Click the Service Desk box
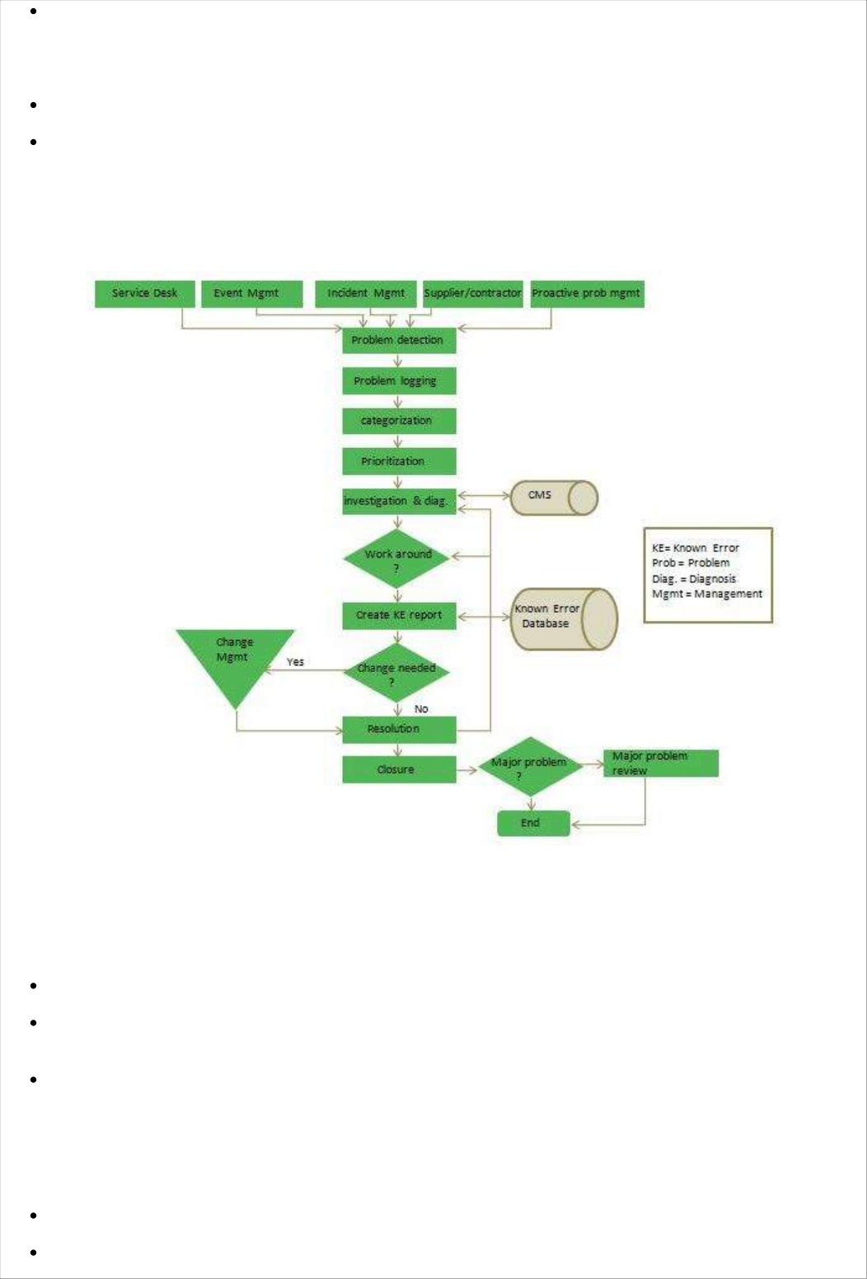tap(145, 294)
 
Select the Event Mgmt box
tap(252, 294)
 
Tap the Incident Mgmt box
tap(366, 294)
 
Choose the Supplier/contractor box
tap(473, 294)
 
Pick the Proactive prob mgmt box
tap(587, 294)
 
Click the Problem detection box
tap(399, 340)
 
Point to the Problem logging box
tap(399, 380)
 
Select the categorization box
tap(399, 421)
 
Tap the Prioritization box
tap(399, 461)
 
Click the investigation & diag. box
tap(399, 501)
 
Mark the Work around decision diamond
tap(397, 558)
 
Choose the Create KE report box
tap(399, 615)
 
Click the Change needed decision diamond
tap(396, 673)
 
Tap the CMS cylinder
tap(553, 497)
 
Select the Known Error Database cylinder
tap(563, 618)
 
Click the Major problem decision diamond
tap(530, 767)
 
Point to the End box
tap(533, 823)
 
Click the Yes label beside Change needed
tap(295, 662)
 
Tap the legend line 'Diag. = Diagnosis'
tap(694, 579)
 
